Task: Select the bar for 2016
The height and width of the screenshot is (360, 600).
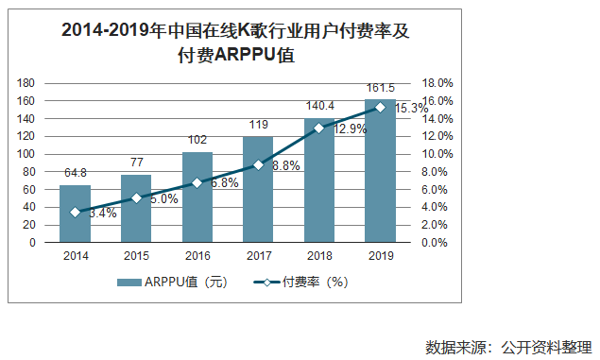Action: tap(197, 197)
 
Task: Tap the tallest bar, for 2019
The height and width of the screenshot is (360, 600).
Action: tap(379, 170)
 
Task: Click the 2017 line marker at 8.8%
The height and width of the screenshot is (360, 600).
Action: tap(258, 165)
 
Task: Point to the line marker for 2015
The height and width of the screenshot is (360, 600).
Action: tap(136, 198)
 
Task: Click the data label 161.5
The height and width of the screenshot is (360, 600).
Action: tap(380, 89)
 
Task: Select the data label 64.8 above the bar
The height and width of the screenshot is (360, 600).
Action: tap(76, 174)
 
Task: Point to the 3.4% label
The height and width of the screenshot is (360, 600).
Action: tap(102, 214)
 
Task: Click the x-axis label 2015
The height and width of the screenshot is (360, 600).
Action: tap(136, 255)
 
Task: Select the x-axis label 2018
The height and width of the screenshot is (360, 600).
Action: tap(318, 255)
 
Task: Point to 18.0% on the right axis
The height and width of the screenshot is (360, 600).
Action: tap(422, 83)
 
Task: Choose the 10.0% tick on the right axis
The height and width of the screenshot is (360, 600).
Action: tap(422, 154)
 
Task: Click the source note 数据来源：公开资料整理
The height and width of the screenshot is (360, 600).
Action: tap(508, 345)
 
